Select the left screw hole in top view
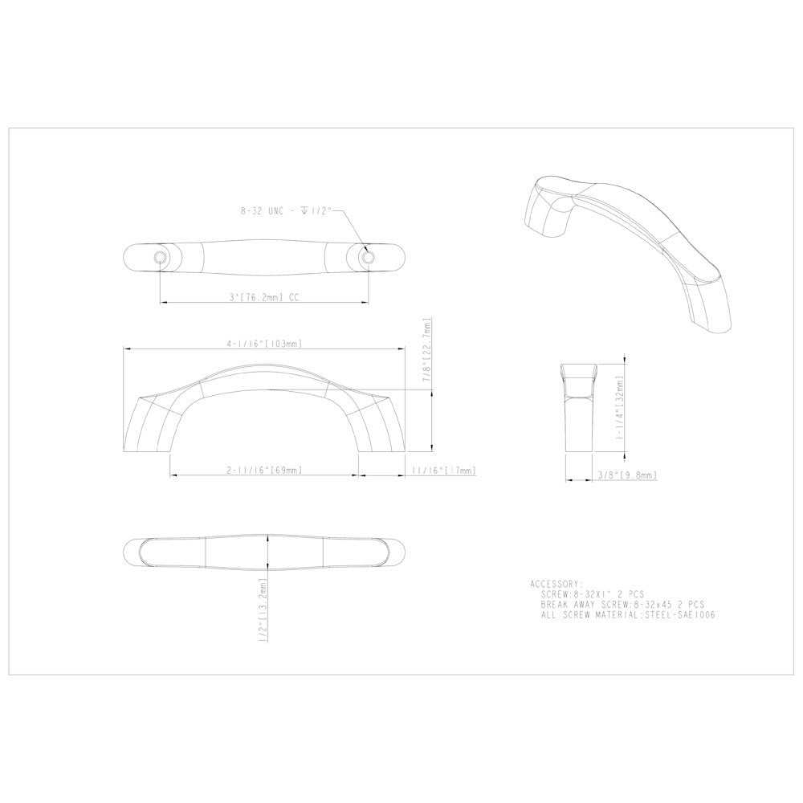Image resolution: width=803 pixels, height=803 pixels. (x=160, y=257)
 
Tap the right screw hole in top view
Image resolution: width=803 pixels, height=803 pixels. (x=369, y=257)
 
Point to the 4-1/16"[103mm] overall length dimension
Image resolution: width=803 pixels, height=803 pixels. (x=264, y=344)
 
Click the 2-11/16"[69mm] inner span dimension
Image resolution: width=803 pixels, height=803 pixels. (x=264, y=469)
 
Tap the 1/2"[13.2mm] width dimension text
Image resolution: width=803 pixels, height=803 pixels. (x=263, y=610)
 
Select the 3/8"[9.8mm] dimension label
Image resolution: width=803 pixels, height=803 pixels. (x=628, y=475)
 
